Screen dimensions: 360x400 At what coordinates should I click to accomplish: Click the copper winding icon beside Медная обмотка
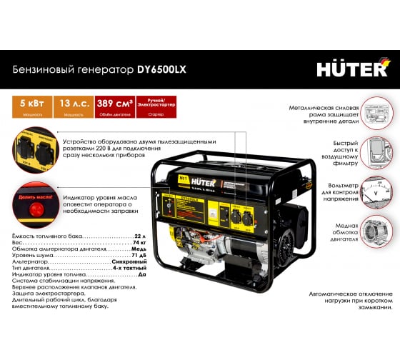pos(376,231)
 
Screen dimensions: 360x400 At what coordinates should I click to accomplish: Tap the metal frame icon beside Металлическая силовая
pos(376,114)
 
